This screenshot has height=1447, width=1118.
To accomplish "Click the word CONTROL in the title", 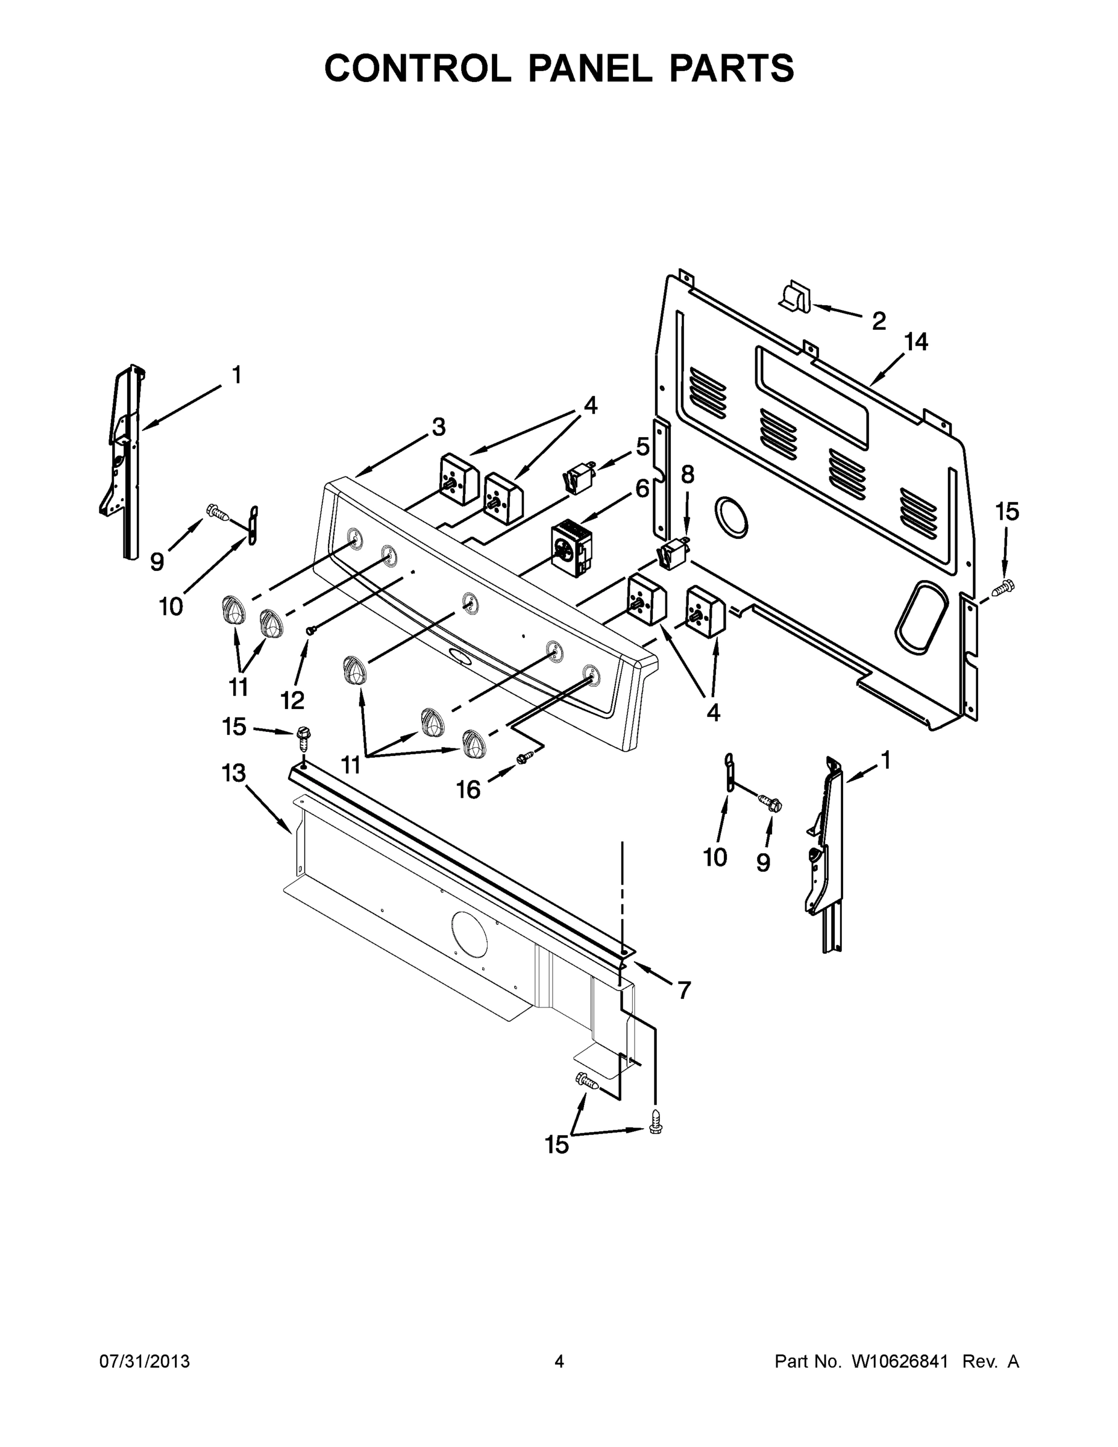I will [417, 68].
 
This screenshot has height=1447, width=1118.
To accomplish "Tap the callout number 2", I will [878, 321].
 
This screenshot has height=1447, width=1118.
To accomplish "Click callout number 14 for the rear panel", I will [916, 342].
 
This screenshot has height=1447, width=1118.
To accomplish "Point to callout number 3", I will [438, 427].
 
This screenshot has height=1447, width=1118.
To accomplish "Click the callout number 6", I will [642, 489].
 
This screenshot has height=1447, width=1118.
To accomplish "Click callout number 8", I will [688, 474].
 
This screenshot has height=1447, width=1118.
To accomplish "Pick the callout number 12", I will [292, 699].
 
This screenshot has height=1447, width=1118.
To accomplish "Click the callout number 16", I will [468, 789].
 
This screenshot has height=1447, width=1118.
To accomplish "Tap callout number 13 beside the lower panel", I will [234, 773].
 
